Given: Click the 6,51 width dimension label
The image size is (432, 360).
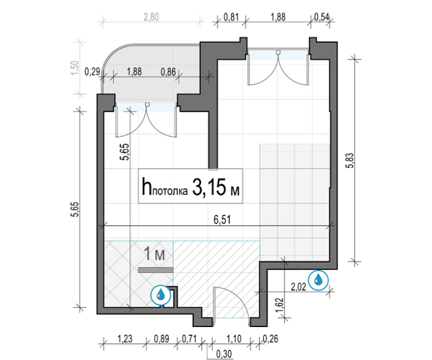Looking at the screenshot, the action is (x=222, y=220).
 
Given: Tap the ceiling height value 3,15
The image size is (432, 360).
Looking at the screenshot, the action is (x=209, y=187).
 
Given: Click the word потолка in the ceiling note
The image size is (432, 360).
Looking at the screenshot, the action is (x=170, y=191).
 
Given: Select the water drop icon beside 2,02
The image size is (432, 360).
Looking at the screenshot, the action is (x=318, y=280).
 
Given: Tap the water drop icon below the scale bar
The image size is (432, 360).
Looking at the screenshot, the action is (x=161, y=295).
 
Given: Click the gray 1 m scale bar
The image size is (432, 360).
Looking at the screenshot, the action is (x=155, y=270).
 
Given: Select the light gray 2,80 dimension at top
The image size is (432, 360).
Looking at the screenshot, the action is (x=151, y=17).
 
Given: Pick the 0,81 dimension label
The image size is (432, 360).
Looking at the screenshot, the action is (x=231, y=17).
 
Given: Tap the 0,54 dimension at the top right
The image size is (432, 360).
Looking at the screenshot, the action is (x=322, y=17).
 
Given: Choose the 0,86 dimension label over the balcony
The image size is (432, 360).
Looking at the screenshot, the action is (x=168, y=72).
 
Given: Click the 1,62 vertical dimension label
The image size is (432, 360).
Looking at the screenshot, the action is (x=280, y=305).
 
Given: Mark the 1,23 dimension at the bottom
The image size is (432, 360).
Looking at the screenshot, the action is (x=125, y=339).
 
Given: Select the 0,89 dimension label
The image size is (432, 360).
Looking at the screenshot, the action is (x=161, y=339).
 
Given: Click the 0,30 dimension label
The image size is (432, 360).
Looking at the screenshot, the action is (x=224, y=353).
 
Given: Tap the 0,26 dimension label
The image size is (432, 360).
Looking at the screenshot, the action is (x=271, y=339).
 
